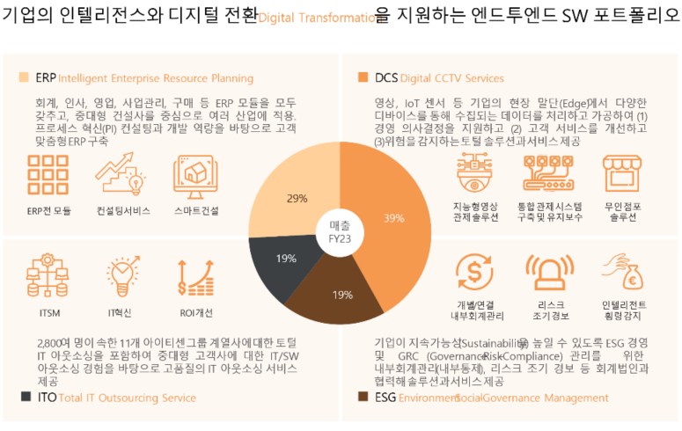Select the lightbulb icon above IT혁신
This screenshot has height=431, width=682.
(x=122, y=275)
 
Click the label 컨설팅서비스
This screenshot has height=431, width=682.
(x=122, y=211)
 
